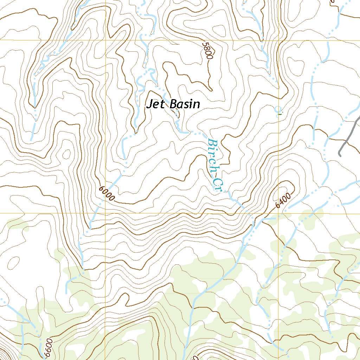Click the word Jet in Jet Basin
click(155, 104)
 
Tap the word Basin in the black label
click(185, 104)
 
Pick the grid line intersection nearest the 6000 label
click(106, 213)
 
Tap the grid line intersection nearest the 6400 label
click(279, 213)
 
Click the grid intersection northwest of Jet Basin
click(106, 40)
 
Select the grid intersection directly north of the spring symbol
click(279, 40)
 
